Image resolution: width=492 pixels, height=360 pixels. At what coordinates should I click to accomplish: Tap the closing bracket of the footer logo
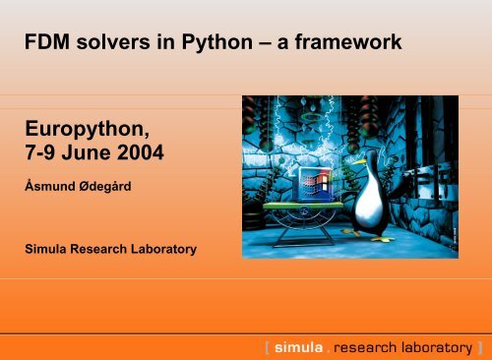click(x=479, y=346)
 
